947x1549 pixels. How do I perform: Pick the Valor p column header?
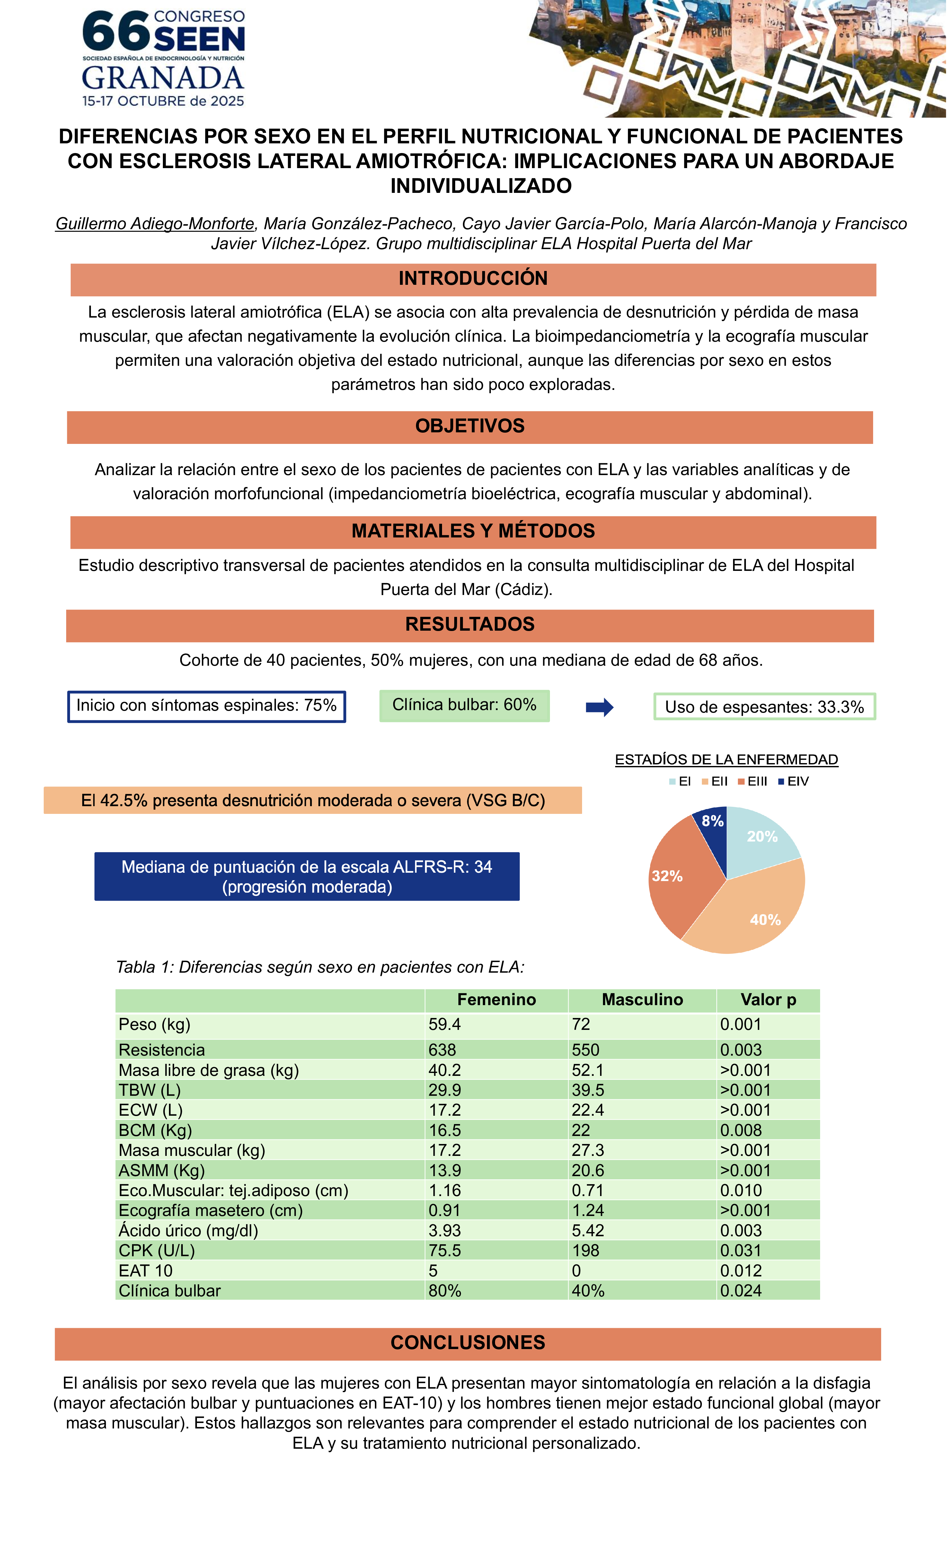(768, 1000)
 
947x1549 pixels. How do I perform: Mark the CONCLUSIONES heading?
(467, 1343)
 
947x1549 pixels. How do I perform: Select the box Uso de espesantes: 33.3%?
(764, 707)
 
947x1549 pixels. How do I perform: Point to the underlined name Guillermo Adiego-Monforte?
(155, 224)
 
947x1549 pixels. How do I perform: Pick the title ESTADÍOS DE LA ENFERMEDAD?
(726, 760)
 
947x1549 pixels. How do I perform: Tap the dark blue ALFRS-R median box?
(307, 876)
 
